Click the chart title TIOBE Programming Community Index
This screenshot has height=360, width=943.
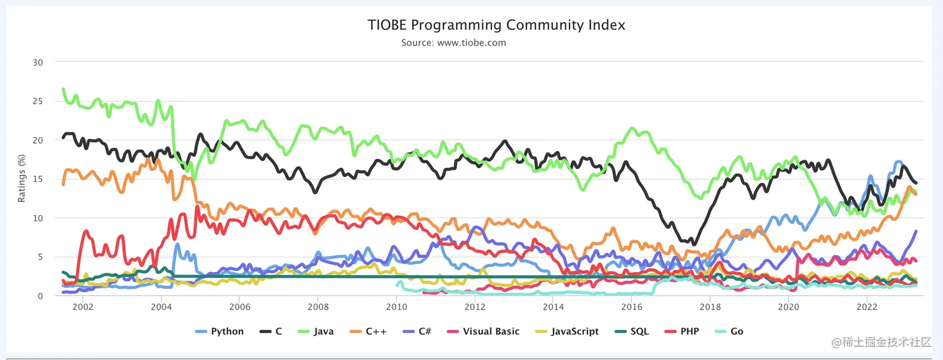tap(496, 25)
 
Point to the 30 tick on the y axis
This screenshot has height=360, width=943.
tap(39, 62)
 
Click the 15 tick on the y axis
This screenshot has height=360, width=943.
tap(39, 179)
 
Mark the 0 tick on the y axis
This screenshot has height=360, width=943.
tap(41, 296)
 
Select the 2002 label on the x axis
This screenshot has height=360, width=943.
tap(83, 307)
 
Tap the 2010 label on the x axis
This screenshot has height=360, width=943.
tap(396, 307)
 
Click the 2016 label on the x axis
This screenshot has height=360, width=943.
tap(632, 307)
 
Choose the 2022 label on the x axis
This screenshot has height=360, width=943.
tap(867, 307)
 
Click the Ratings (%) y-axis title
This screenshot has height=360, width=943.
tap(22, 179)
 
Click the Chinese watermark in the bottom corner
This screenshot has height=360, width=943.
tap(880, 343)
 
